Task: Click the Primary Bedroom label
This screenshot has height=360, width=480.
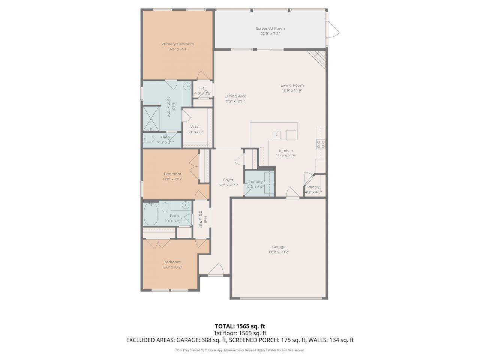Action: (177, 44)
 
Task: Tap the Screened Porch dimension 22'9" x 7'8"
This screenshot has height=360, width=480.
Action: (270, 33)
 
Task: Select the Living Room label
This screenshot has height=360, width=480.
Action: (292, 85)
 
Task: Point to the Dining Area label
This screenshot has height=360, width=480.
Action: (235, 96)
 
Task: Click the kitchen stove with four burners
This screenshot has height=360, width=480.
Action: (321, 144)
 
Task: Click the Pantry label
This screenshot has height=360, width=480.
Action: (313, 187)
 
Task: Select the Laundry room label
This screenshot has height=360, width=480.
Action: (255, 182)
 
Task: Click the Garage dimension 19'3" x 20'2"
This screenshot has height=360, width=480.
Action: (278, 252)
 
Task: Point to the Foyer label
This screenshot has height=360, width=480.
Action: (228, 180)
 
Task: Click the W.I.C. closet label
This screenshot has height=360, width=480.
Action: (195, 127)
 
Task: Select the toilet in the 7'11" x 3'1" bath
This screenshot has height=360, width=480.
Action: (148, 140)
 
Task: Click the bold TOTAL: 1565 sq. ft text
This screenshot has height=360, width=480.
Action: (240, 326)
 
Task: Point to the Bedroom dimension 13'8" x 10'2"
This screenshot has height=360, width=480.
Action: (172, 267)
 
